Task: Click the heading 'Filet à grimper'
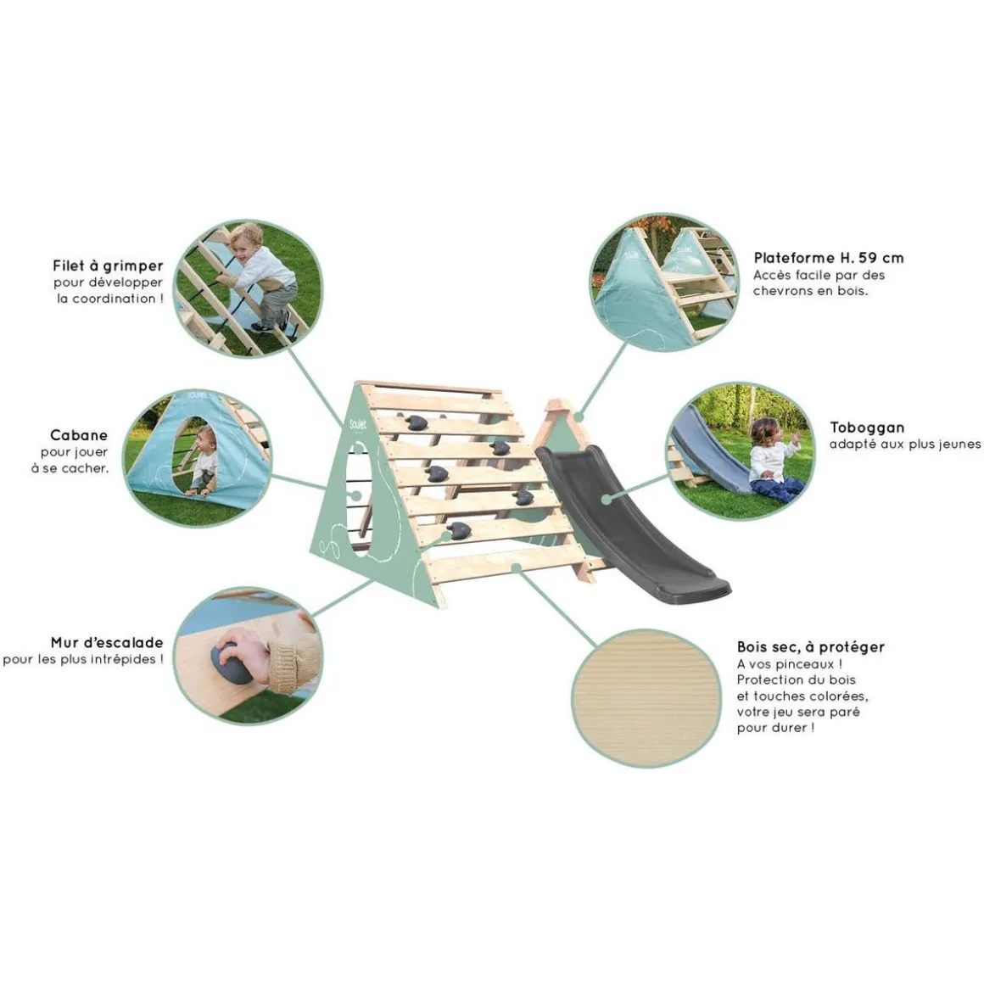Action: pyautogui.click(x=108, y=266)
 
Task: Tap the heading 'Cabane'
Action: pyautogui.click(x=78, y=435)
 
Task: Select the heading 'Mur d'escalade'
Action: pyautogui.click(x=107, y=643)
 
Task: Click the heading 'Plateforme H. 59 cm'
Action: pyautogui.click(x=829, y=258)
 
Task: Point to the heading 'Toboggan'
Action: pyautogui.click(x=867, y=428)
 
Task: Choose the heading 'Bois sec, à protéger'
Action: pyautogui.click(x=811, y=647)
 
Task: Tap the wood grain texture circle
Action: pyautogui.click(x=646, y=698)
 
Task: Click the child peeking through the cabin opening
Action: pyautogui.click(x=202, y=460)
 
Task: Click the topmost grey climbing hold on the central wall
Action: pyautogui.click(x=416, y=422)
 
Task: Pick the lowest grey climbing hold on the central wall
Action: pyautogui.click(x=459, y=531)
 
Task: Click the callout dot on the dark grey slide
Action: pyautogui.click(x=607, y=500)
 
